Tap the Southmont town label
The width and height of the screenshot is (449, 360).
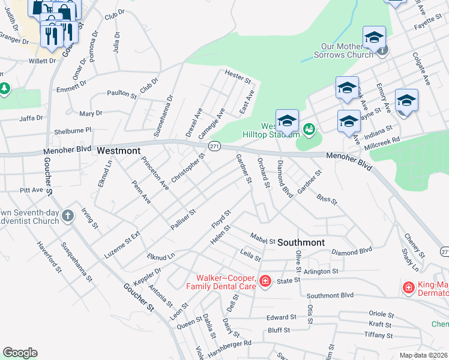click(x=301, y=242)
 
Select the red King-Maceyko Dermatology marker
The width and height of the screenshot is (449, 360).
click(x=409, y=289)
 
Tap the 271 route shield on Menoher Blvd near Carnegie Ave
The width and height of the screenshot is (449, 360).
click(x=213, y=146)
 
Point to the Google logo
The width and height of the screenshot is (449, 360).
click(x=20, y=353)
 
